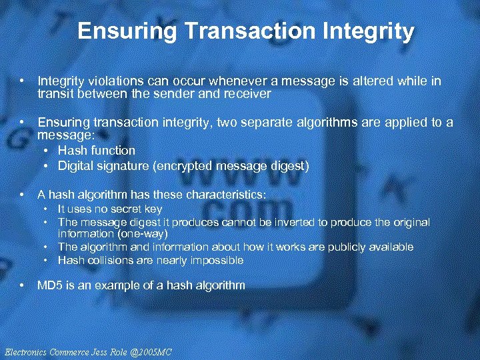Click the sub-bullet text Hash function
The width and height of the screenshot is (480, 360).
click(97, 151)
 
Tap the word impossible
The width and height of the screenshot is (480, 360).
click(216, 260)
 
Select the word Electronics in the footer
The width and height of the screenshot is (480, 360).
click(24, 351)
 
